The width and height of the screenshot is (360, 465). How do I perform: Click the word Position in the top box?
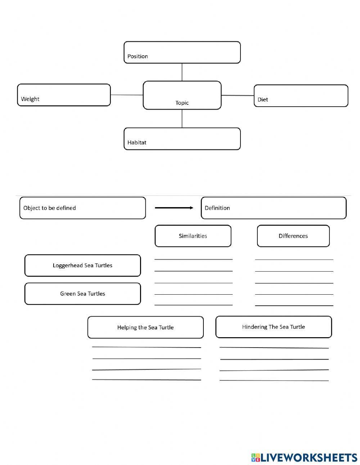pyautogui.click(x=138, y=56)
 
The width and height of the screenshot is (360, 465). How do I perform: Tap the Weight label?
pyautogui.click(x=30, y=99)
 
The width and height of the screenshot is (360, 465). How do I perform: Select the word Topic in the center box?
pyautogui.click(x=182, y=103)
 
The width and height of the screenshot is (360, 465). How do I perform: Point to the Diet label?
pyautogui.click(x=263, y=100)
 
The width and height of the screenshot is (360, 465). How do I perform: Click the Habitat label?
pyautogui.click(x=137, y=142)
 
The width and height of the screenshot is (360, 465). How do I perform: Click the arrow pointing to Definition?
pyautogui.click(x=174, y=208)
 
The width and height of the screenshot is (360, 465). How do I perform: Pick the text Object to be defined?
pyautogui.click(x=50, y=208)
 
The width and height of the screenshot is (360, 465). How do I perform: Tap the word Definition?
pyautogui.click(x=217, y=208)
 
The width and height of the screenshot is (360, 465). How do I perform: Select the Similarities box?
pyautogui.click(x=193, y=236)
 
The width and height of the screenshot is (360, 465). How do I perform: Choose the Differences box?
pyautogui.click(x=293, y=236)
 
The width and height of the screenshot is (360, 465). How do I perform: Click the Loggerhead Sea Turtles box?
pyautogui.click(x=82, y=265)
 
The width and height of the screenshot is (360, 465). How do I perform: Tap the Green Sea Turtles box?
pyautogui.click(x=82, y=294)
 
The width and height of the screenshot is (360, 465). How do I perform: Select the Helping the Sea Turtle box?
pyautogui.click(x=145, y=327)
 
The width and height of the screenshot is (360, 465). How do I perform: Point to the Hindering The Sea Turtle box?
pyautogui.click(x=274, y=327)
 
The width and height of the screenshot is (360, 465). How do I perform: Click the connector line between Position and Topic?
pyautogui.click(x=182, y=72)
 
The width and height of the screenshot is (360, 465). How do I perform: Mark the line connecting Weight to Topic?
pyautogui.click(x=127, y=95)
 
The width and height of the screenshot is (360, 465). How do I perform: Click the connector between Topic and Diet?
pyautogui.click(x=238, y=95)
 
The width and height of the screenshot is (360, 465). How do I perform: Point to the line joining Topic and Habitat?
pyautogui.click(x=182, y=119)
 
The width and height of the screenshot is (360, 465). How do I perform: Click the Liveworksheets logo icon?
pyautogui.click(x=256, y=457)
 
